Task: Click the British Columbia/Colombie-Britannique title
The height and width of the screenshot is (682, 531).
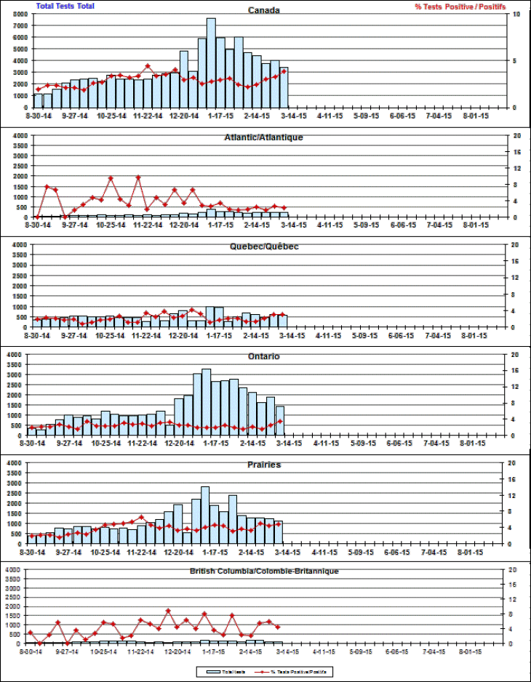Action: coord(263,571)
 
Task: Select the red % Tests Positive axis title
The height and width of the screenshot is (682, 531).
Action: coord(460,7)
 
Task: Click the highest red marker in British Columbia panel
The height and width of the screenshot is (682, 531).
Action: coord(168,611)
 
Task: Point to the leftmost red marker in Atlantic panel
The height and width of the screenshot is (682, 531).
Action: coord(37,216)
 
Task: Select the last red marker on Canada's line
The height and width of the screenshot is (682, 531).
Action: coord(284,71)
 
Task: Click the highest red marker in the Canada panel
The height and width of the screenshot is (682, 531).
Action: coord(147,66)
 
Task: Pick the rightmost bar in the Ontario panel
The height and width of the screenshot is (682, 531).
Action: coord(280,421)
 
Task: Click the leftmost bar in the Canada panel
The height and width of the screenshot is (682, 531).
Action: coord(39,100)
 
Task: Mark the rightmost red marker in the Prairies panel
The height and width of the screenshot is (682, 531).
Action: coord(279,523)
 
